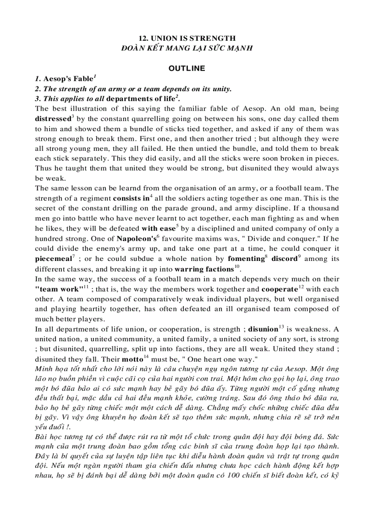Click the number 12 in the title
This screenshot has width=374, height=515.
tap(143, 39)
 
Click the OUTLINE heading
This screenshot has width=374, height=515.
tap(187, 68)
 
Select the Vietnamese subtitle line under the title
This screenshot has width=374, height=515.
tap(187, 48)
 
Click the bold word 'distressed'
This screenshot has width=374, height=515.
tap(53, 119)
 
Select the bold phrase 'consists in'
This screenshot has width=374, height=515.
tap(132, 199)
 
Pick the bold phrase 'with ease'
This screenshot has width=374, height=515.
tap(158, 228)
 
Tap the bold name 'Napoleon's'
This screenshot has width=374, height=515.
tap(136, 238)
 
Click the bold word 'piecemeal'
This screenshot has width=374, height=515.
tap(53, 259)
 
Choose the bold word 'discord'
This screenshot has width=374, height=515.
tap(284, 259)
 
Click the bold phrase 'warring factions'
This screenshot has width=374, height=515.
tap(204, 269)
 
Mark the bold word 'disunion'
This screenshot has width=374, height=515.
tap(263, 329)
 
